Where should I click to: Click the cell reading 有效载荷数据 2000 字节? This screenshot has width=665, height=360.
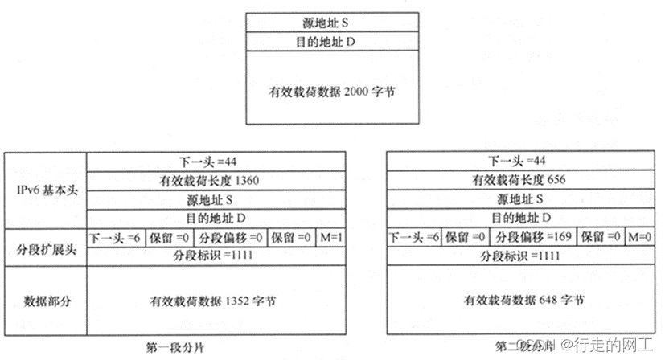coord(332,92)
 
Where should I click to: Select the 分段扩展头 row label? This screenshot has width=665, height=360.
coord(45,247)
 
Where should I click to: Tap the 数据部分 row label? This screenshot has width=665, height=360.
coord(45,301)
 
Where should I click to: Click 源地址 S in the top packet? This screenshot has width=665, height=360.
coord(332,22)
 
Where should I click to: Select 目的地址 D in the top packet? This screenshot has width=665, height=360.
coord(332,40)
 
